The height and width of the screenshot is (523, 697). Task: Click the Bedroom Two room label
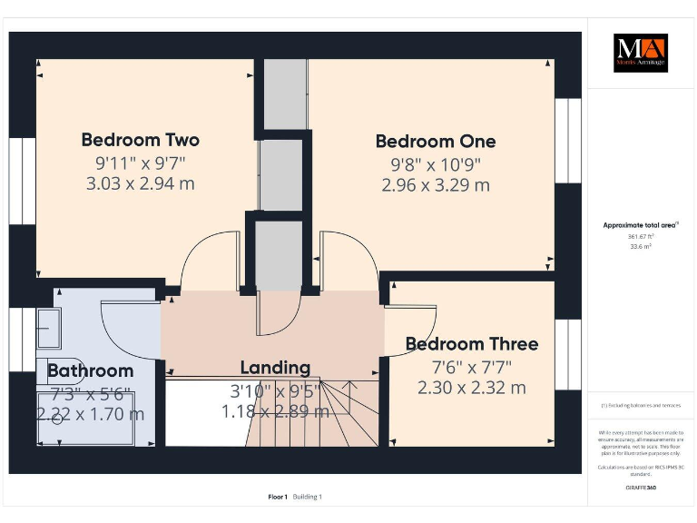click(x=140, y=140)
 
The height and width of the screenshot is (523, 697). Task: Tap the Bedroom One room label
click(x=436, y=142)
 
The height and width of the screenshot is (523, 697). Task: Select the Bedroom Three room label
click(x=471, y=344)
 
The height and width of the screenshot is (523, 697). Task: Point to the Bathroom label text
click(x=90, y=370)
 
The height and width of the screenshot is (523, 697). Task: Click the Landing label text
click(x=275, y=368)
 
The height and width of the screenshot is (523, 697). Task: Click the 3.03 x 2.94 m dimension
click(x=140, y=183)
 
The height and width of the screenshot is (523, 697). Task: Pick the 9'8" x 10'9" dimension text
click(x=436, y=164)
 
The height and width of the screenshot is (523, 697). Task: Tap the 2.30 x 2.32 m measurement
click(x=471, y=388)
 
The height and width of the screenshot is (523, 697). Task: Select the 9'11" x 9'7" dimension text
click(x=140, y=163)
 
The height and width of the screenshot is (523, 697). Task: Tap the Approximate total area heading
click(x=640, y=224)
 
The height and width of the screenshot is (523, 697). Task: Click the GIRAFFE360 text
click(x=640, y=488)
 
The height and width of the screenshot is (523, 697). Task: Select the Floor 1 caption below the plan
click(x=278, y=497)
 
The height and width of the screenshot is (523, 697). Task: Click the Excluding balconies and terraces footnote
click(x=640, y=406)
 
